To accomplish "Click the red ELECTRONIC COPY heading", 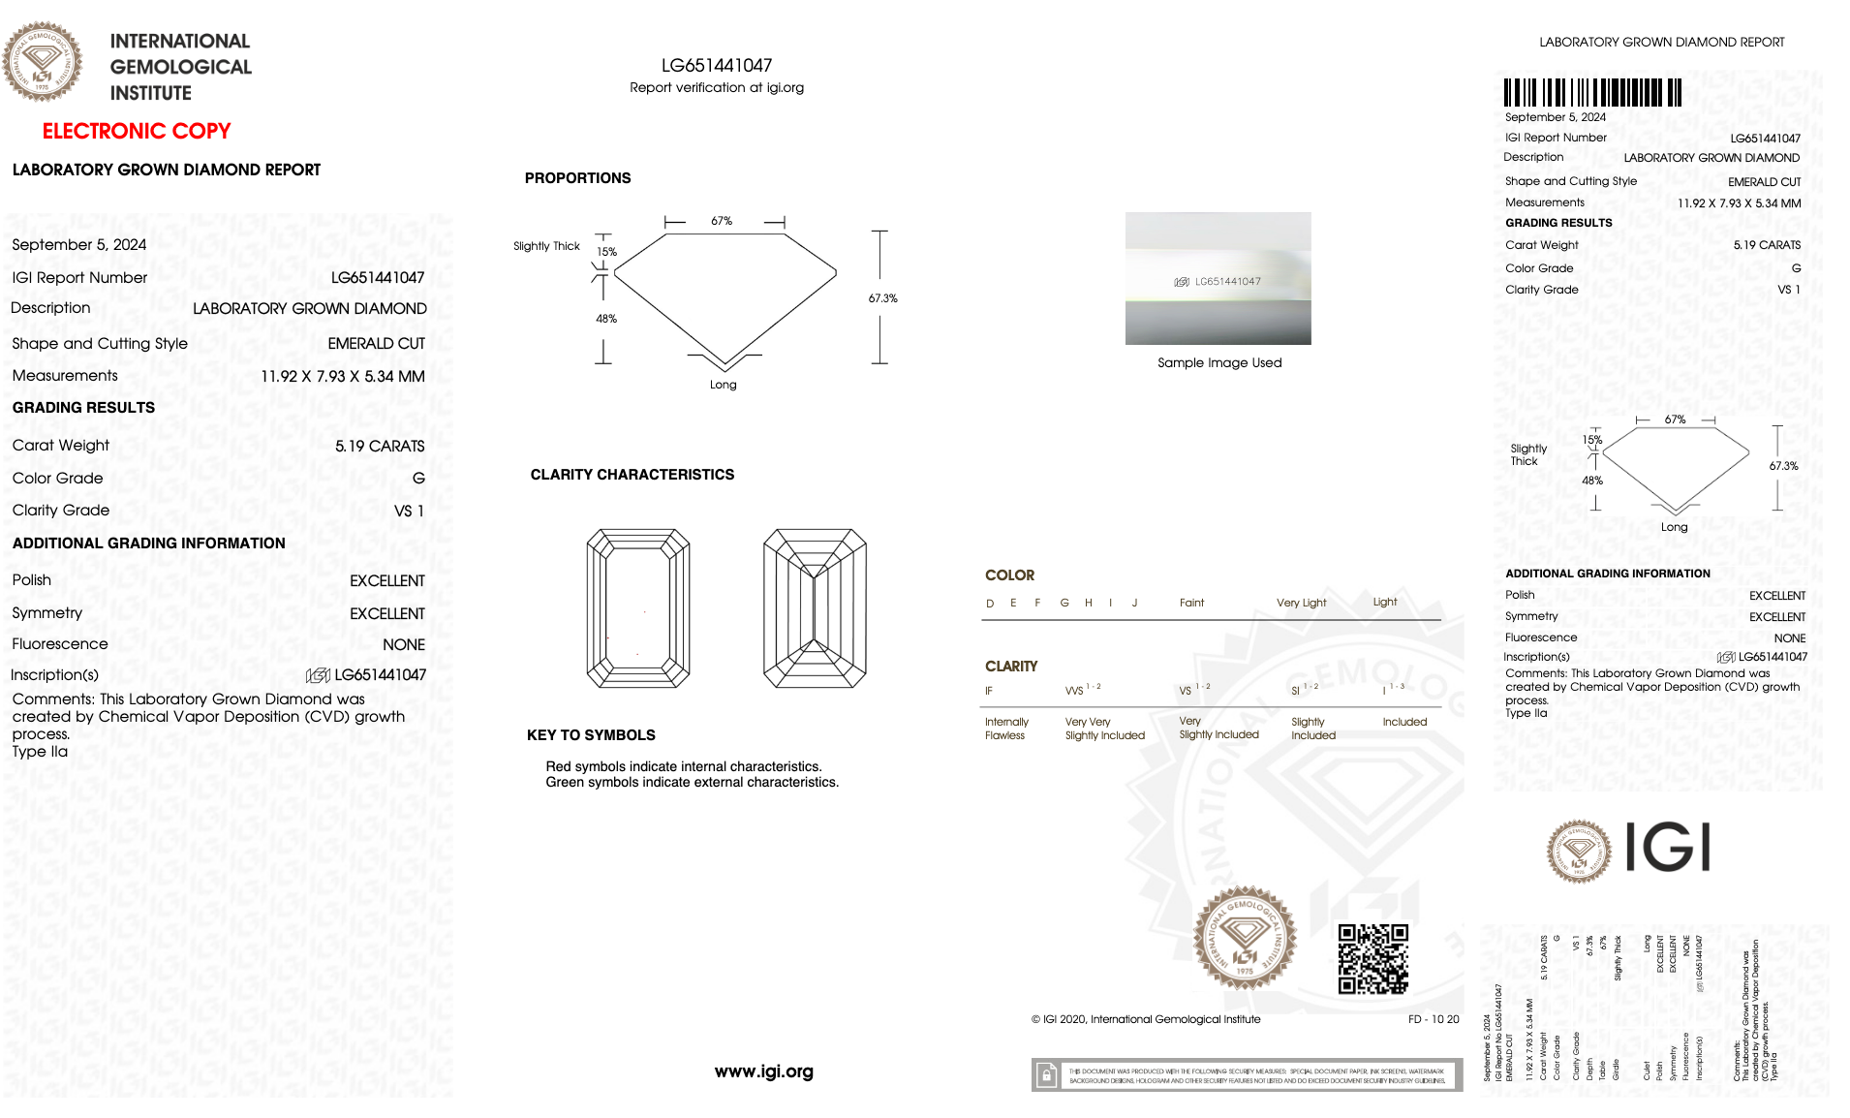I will [137, 131].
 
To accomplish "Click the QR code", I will [1372, 959].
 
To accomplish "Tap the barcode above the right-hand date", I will [1592, 93].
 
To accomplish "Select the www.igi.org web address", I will [763, 1071].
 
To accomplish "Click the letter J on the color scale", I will [1134, 603].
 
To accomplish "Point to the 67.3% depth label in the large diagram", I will [882, 298].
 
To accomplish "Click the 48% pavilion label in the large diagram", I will [606, 319].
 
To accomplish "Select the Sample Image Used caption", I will [1219, 363].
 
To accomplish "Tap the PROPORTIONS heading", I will [577, 178].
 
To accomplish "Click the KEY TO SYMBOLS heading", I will [591, 735].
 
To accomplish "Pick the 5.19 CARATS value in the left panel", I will [380, 447].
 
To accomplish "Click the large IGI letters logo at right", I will [1667, 848].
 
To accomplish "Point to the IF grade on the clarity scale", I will [989, 692].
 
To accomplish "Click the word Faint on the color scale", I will [1191, 603].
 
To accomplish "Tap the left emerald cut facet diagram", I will [637, 608].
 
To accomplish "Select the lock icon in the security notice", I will [1046, 1075].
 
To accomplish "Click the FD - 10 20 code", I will [1433, 1019].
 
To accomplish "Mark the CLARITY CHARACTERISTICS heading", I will [632, 475].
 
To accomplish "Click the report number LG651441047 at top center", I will [716, 66].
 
